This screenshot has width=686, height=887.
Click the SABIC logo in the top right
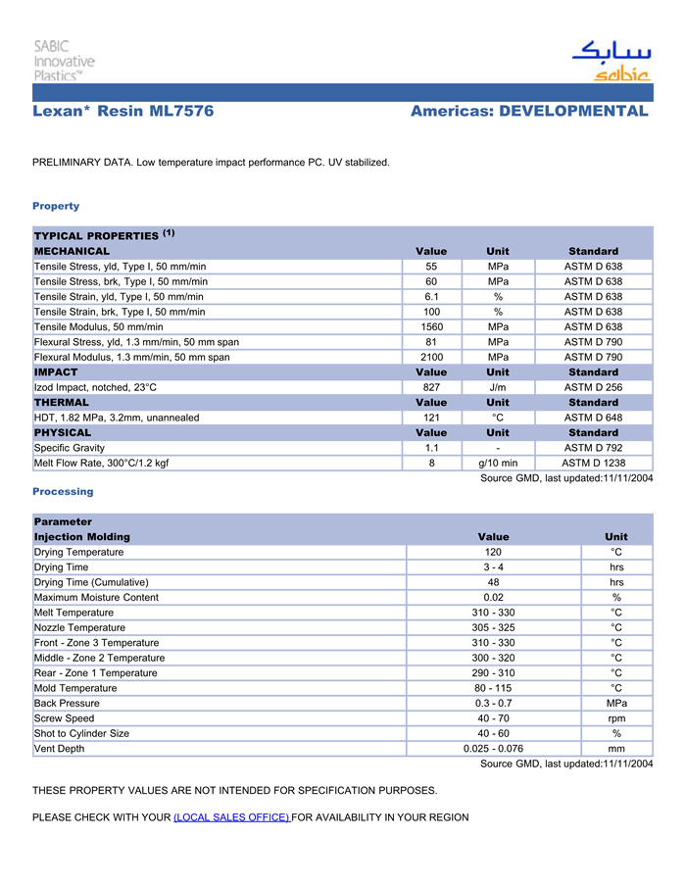612,61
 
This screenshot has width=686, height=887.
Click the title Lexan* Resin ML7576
123,112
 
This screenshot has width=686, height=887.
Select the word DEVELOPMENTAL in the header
573,112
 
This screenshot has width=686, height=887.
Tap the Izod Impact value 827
431,387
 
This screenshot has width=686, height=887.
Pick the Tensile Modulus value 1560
431,326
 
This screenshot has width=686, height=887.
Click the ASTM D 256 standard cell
593,387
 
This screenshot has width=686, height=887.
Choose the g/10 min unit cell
498,463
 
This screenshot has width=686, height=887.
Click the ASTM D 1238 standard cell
593,463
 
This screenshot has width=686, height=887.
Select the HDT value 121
431,418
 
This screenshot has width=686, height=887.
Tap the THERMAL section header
62,402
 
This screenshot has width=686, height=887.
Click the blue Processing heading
63,491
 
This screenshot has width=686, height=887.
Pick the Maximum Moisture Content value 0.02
493,597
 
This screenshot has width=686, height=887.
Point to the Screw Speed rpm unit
616,718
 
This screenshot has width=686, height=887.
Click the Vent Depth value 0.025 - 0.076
493,749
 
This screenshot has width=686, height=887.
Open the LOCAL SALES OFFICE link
231,817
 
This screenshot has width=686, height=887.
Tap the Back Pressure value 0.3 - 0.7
493,703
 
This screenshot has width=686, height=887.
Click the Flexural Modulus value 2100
431,357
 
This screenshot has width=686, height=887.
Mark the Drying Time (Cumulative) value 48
493,582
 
